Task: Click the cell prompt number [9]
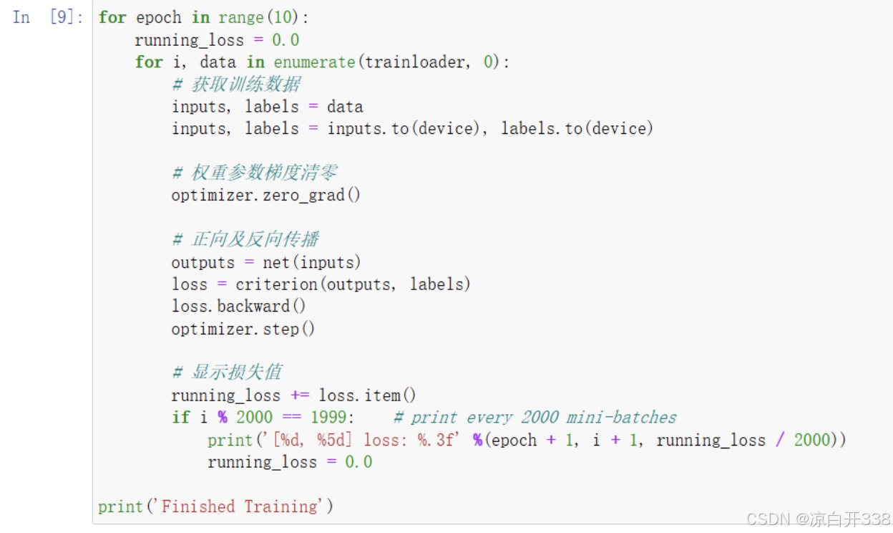66,17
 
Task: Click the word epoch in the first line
159,18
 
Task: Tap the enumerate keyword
314,62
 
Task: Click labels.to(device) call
577,129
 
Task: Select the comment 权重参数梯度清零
263,173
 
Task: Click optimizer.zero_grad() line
266,195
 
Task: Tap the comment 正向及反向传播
254,239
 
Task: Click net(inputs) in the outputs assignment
312,262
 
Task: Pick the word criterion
277,284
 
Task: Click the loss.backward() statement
239,307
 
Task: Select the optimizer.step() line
243,329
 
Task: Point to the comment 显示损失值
236,373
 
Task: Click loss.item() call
367,395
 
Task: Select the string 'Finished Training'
240,506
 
